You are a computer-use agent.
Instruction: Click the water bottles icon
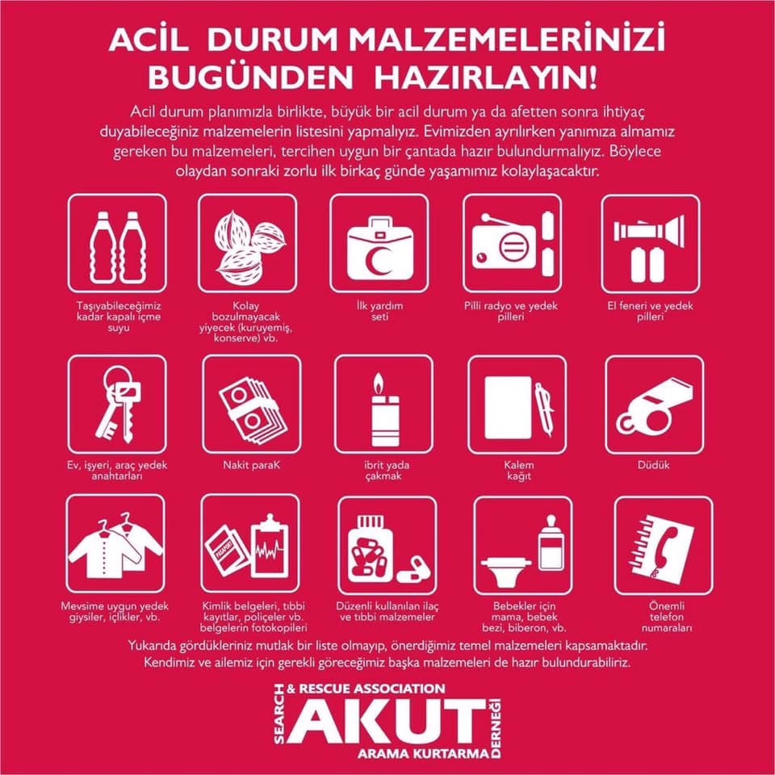[x=118, y=248]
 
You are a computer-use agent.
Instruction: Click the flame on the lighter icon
[x=379, y=383]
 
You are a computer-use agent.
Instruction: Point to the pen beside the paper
[x=544, y=408]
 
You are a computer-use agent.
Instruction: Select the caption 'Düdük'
[x=653, y=465]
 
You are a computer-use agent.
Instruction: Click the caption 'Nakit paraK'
[x=252, y=465]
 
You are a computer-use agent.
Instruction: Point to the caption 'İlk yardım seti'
[x=379, y=311]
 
